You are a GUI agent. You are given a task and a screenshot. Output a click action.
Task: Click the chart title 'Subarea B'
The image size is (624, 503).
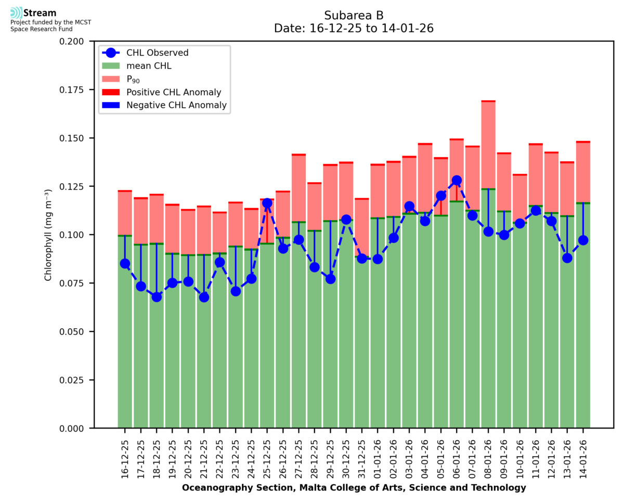(x=354, y=15)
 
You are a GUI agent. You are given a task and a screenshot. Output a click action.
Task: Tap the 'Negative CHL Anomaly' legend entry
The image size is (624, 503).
(x=176, y=105)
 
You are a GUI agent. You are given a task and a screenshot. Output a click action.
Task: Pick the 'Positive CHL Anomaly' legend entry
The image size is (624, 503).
(x=174, y=92)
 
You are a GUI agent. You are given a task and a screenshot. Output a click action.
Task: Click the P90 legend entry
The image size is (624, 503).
(x=133, y=79)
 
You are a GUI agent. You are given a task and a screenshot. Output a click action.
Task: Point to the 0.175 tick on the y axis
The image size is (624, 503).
(x=73, y=90)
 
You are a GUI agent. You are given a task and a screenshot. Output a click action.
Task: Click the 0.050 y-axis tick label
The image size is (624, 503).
(x=73, y=332)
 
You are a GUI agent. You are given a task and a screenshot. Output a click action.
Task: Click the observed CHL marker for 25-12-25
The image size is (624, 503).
(x=267, y=203)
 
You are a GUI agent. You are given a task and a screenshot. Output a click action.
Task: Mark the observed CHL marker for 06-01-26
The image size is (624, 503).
(x=457, y=180)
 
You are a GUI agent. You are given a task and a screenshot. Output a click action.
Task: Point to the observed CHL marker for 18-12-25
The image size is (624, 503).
(x=157, y=297)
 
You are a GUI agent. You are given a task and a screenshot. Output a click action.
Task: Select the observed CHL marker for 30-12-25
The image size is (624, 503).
(x=346, y=220)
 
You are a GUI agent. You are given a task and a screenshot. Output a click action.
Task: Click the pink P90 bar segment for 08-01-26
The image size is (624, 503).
(x=488, y=146)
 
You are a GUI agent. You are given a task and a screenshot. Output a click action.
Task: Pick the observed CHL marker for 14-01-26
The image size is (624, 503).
(x=583, y=240)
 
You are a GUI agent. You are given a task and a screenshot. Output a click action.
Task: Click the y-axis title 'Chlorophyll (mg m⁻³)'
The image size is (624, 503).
(x=48, y=235)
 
